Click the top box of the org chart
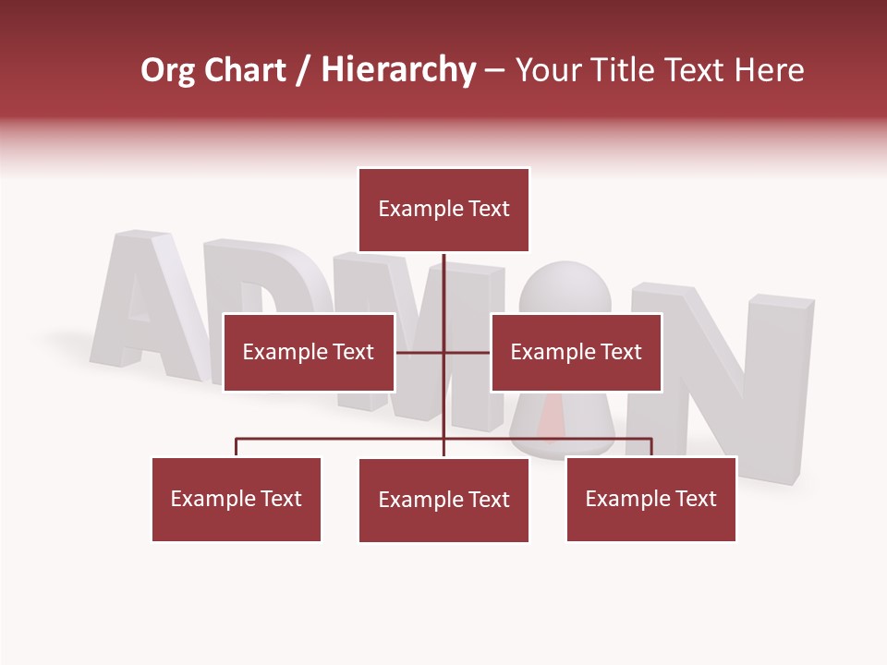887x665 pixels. (x=443, y=210)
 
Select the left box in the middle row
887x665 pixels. (x=309, y=352)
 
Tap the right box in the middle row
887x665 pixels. (x=576, y=352)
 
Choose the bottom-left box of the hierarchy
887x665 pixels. (x=237, y=499)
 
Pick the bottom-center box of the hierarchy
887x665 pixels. (x=443, y=500)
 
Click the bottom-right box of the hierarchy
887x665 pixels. (x=650, y=499)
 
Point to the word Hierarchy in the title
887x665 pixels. (x=398, y=70)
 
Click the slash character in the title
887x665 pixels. (x=303, y=71)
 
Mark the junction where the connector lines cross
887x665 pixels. (x=443, y=352)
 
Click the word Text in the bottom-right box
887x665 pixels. (x=695, y=499)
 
